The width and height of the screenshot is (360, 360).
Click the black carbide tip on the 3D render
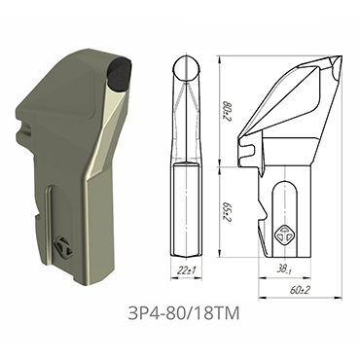point(121,74)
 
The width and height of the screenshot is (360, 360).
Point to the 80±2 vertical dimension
point(227,103)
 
